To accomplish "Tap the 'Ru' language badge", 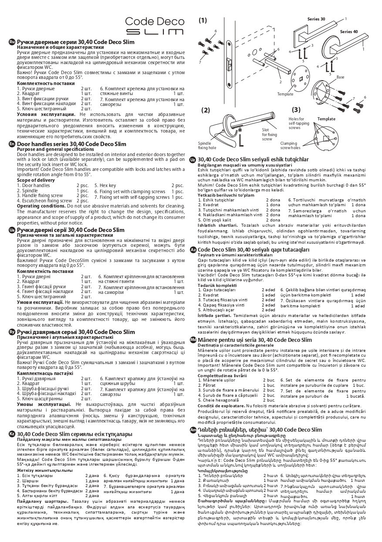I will click(12, 41).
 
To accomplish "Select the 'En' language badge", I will click(12, 144).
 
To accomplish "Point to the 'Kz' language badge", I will click(12, 434).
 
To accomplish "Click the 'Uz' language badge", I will click(193, 160).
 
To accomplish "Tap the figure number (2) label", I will click(206, 110).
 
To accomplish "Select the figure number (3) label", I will click(296, 110).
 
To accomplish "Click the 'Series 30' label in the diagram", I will click(316, 20).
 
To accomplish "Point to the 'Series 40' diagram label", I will click(348, 32).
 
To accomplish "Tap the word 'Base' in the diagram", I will click(340, 77).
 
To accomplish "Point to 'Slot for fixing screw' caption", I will click(269, 134).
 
